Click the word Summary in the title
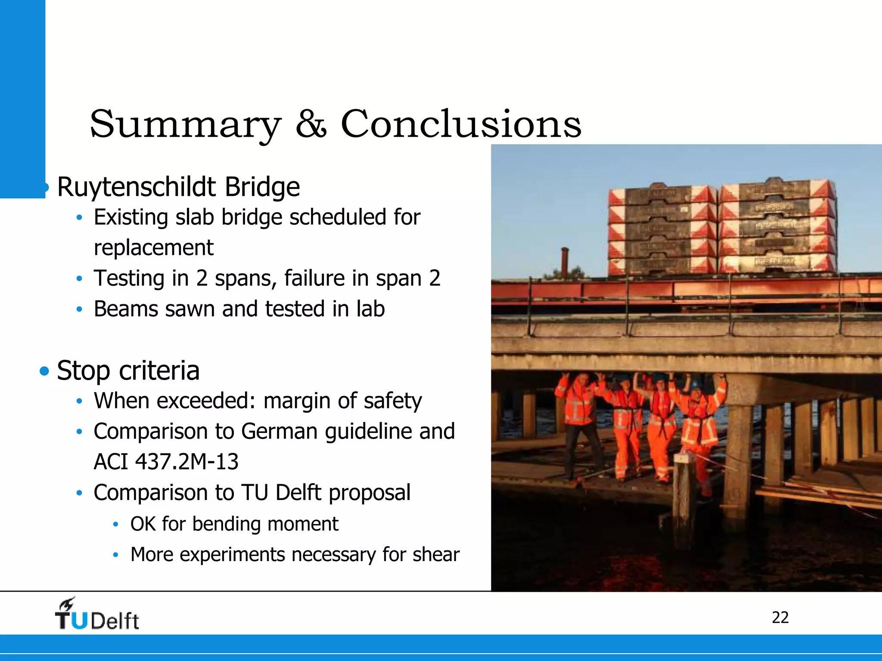pyautogui.click(x=185, y=125)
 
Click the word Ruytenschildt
pyautogui.click(x=136, y=188)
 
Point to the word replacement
pyautogui.click(x=153, y=248)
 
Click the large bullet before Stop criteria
pyautogui.click(x=44, y=371)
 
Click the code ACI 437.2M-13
pyautogui.click(x=166, y=462)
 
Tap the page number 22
pyautogui.click(x=780, y=618)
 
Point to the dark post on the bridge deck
pyautogui.click(x=565, y=262)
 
